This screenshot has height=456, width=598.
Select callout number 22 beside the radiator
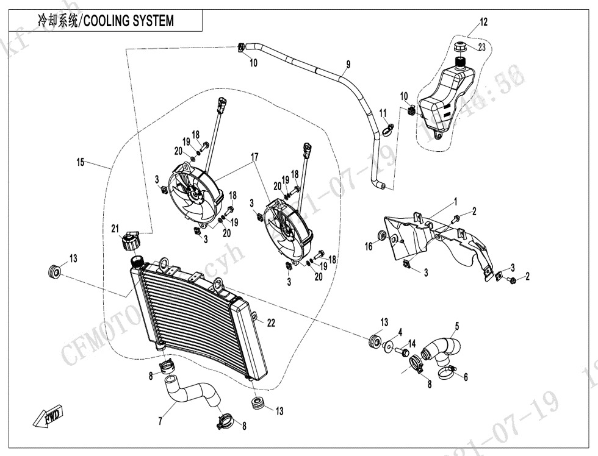pos(271,323)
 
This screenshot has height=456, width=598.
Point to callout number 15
pos(81,163)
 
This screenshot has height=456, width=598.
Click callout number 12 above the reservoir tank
pos(483,23)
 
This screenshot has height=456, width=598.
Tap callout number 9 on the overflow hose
pos(348,64)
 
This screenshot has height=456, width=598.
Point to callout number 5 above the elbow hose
pos(456,326)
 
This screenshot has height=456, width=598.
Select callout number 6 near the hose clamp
pos(466,377)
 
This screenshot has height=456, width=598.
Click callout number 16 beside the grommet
pos(369,246)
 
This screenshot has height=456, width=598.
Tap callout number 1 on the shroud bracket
pos(455,201)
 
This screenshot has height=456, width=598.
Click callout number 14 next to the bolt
pos(412,343)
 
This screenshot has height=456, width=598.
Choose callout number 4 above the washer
pos(400,332)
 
